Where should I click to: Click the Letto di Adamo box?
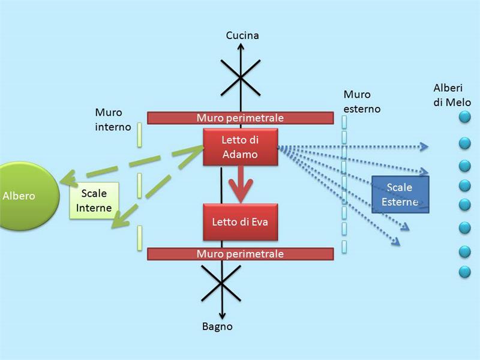(x=239, y=147)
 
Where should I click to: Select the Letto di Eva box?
(x=239, y=222)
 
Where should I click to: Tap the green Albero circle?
(x=27, y=196)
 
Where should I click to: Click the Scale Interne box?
(x=94, y=201)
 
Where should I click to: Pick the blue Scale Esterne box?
(x=400, y=194)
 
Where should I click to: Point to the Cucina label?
(x=242, y=35)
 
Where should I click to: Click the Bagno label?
(x=217, y=327)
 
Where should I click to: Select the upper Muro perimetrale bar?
(x=240, y=118)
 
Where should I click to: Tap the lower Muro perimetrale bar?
(x=240, y=254)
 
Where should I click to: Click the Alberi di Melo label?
(x=452, y=95)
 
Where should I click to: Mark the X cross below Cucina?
(x=241, y=77)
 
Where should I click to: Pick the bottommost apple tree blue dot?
(x=464, y=272)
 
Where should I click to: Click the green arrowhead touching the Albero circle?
(x=67, y=177)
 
